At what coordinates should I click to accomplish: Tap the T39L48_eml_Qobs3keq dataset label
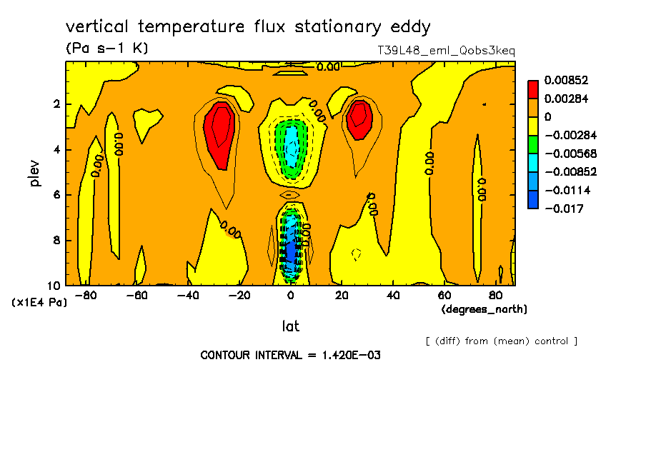[446, 51]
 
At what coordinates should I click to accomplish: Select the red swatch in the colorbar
[533, 89]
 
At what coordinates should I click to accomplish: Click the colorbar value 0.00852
[567, 80]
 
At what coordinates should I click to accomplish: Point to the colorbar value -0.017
[565, 209]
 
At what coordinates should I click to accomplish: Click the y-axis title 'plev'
[35, 173]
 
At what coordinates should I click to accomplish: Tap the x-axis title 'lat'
[290, 326]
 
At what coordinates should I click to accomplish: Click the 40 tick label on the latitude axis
[393, 295]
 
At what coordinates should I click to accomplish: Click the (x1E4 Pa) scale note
[39, 303]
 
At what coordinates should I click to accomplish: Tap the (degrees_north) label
[484, 308]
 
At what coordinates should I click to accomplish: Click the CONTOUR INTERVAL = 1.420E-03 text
[290, 355]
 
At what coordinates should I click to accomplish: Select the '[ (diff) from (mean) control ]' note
[501, 341]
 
